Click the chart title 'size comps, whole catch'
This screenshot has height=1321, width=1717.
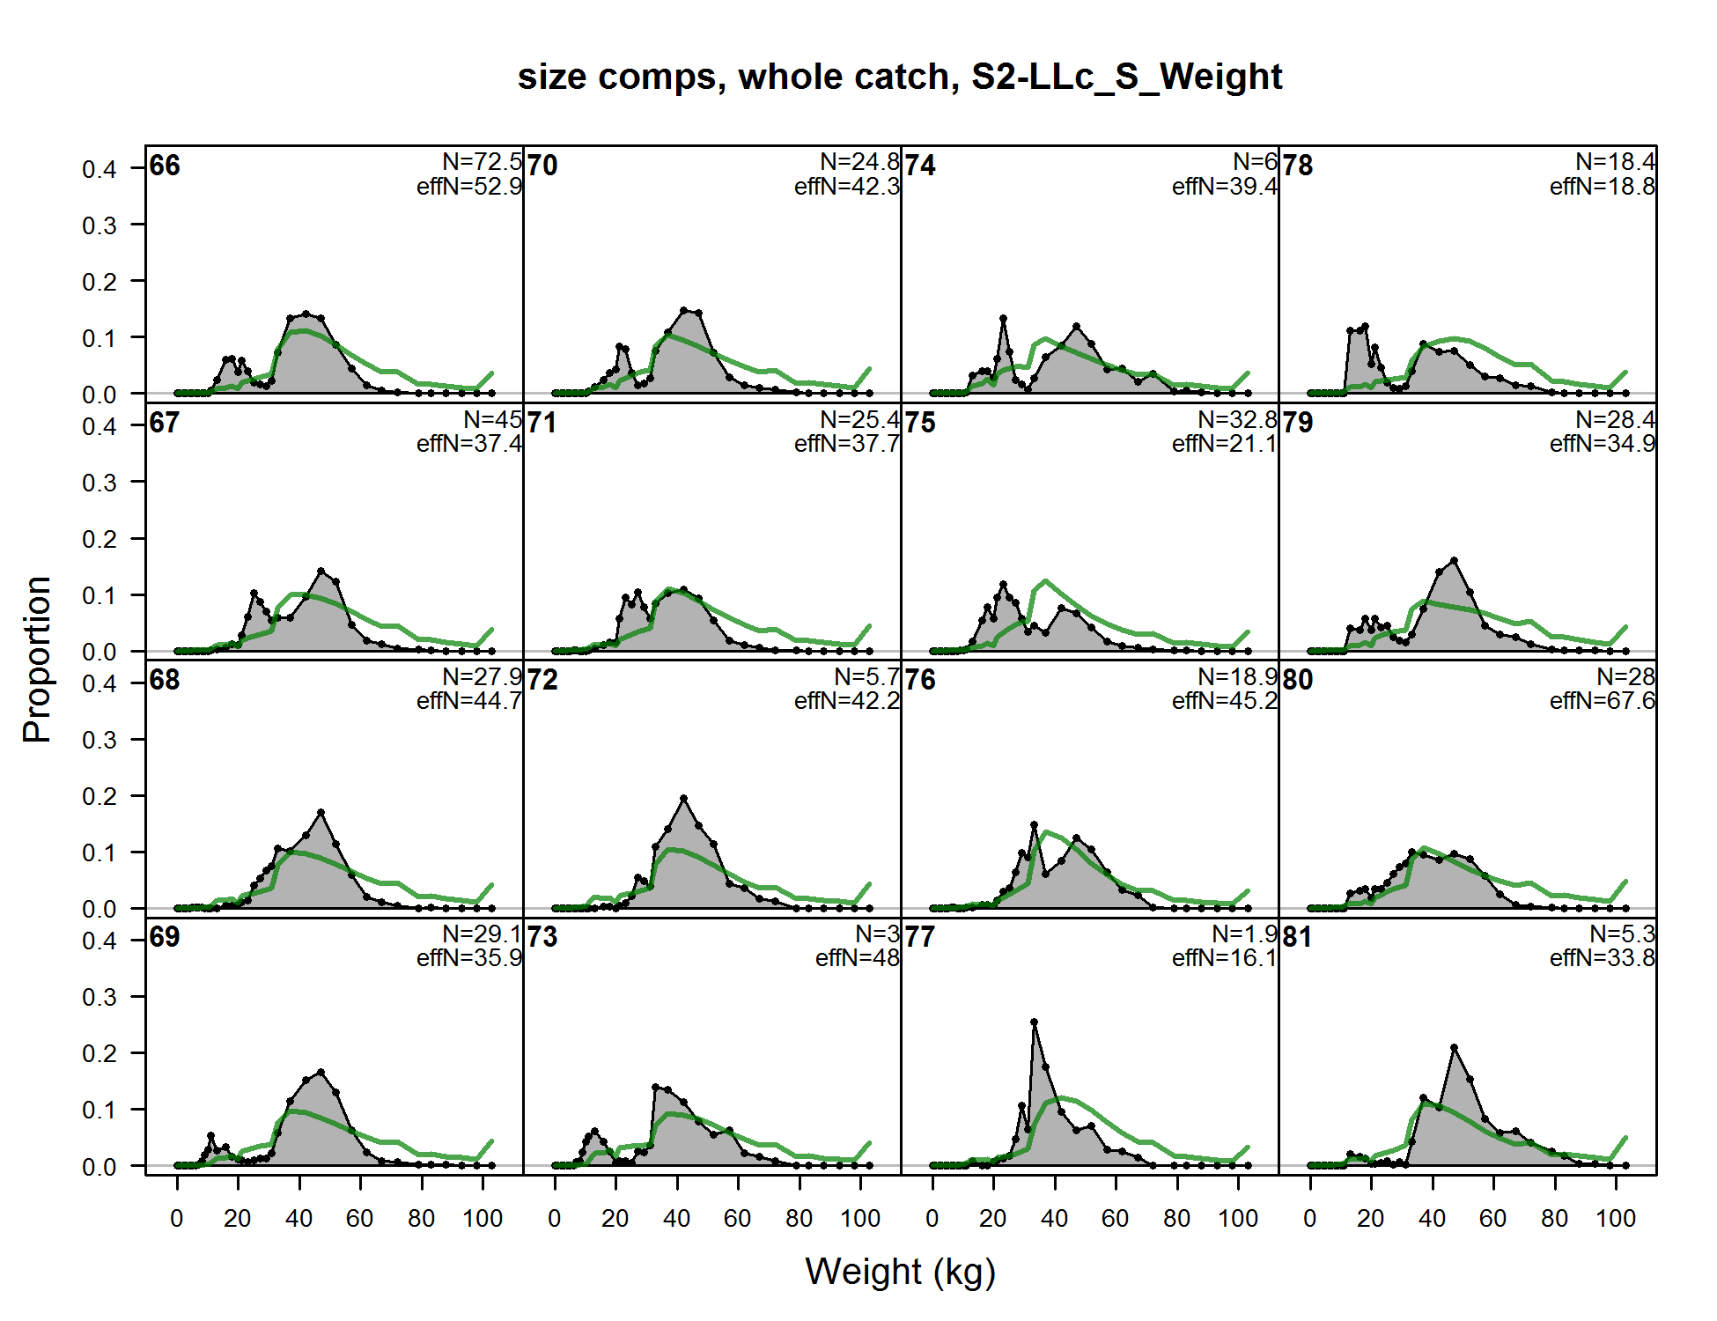(x=899, y=77)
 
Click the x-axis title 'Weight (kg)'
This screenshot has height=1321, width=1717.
(x=900, y=1273)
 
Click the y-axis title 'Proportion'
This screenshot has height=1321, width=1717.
(x=37, y=660)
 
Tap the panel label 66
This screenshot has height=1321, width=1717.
(x=165, y=166)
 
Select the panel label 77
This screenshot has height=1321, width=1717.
(x=920, y=937)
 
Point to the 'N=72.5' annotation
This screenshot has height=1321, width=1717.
(x=482, y=162)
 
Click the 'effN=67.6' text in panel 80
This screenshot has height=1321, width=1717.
(x=1602, y=701)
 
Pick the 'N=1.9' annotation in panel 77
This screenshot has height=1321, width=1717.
(x=1243, y=934)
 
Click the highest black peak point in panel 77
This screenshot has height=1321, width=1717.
(x=1034, y=1022)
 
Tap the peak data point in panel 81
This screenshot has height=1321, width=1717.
(x=1454, y=1048)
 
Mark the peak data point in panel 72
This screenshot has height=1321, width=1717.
(x=683, y=798)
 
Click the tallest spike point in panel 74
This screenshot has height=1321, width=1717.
(x=1003, y=318)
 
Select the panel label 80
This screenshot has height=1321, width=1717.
(x=1298, y=680)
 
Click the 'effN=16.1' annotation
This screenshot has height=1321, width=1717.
(x=1224, y=958)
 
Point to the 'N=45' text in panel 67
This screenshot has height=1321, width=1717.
(x=492, y=419)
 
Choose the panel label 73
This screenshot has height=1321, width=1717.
(x=542, y=937)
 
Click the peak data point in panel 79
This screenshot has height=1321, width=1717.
(x=1454, y=560)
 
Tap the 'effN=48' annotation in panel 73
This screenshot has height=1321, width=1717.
(x=857, y=958)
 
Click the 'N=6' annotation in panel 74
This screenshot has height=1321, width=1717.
(x=1255, y=162)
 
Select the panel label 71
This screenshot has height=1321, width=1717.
(x=542, y=423)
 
